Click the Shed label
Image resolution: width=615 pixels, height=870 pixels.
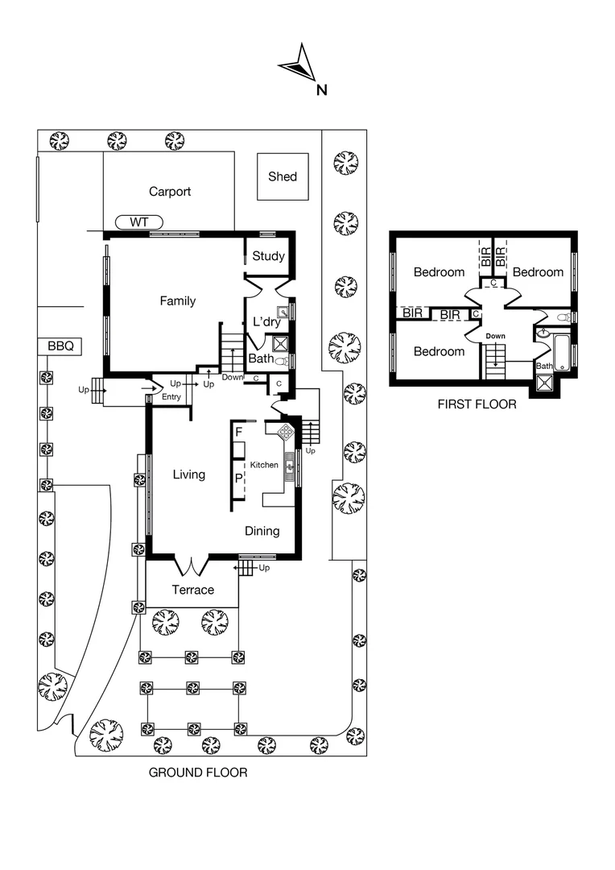[x=283, y=176]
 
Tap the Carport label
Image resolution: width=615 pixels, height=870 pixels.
[x=170, y=192]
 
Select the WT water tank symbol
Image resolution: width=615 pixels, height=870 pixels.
[x=139, y=222]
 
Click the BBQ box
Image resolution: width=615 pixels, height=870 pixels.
[x=60, y=346]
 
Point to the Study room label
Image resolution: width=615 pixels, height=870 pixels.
[x=268, y=256]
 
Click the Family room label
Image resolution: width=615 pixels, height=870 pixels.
[x=177, y=301]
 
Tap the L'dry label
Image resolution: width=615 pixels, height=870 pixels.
[x=266, y=322]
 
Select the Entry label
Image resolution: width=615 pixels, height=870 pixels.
[x=171, y=397]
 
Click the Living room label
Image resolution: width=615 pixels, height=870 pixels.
[x=189, y=474]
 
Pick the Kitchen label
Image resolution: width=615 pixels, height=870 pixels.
[x=264, y=466]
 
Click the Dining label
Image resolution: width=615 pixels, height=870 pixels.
[x=262, y=531]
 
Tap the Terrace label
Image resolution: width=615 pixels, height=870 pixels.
[x=193, y=590]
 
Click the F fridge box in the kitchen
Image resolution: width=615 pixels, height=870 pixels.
[x=239, y=433]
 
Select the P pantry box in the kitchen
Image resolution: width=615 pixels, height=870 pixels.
[x=239, y=478]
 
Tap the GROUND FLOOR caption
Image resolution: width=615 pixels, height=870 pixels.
[x=198, y=773]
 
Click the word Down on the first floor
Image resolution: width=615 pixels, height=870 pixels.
[x=496, y=336]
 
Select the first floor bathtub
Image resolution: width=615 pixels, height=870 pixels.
[x=562, y=354]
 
